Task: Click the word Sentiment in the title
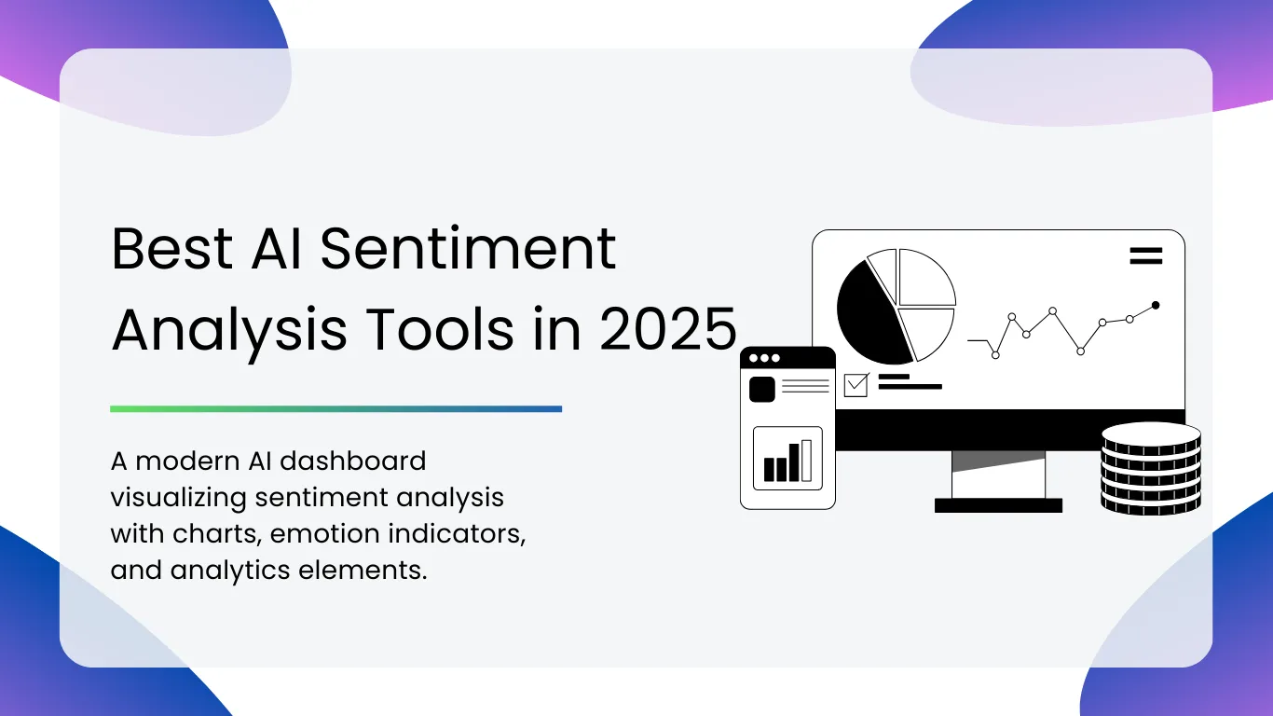click(x=468, y=250)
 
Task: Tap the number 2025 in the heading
click(x=668, y=329)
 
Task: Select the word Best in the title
click(x=171, y=249)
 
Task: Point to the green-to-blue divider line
click(x=335, y=409)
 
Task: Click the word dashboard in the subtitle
click(x=353, y=461)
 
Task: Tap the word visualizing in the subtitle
click(x=178, y=498)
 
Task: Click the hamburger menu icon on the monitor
click(x=1145, y=256)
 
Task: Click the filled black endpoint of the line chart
click(x=1156, y=306)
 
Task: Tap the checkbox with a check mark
click(x=856, y=385)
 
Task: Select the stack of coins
click(x=1151, y=469)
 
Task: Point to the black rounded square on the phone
click(x=762, y=390)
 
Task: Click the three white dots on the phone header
click(x=764, y=358)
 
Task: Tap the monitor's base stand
click(x=998, y=505)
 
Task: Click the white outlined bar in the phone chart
click(x=806, y=461)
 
